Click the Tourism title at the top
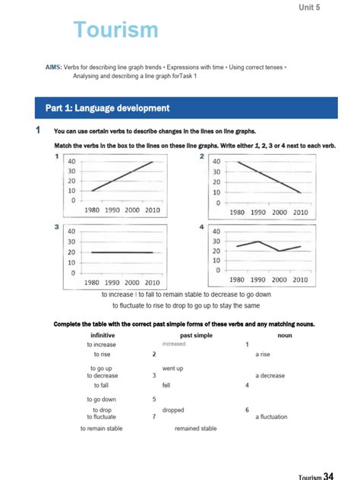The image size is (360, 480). pyautogui.click(x=116, y=30)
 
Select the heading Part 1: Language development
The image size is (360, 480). pyautogui.click(x=107, y=109)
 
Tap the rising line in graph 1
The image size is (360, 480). pyautogui.click(x=122, y=176)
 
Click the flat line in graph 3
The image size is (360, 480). pyautogui.click(x=122, y=252)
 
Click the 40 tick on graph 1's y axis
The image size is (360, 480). pyautogui.click(x=71, y=162)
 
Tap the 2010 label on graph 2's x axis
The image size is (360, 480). pyautogui.click(x=300, y=213)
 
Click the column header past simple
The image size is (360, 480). pyautogui.click(x=196, y=335)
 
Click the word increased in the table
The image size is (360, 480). pyautogui.click(x=174, y=344)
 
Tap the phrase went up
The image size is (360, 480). pyautogui.click(x=173, y=368)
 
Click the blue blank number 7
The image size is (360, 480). pyautogui.click(x=154, y=416)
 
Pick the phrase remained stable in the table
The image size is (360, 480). pyautogui.click(x=195, y=428)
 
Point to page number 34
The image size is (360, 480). pyautogui.click(x=328, y=475)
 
